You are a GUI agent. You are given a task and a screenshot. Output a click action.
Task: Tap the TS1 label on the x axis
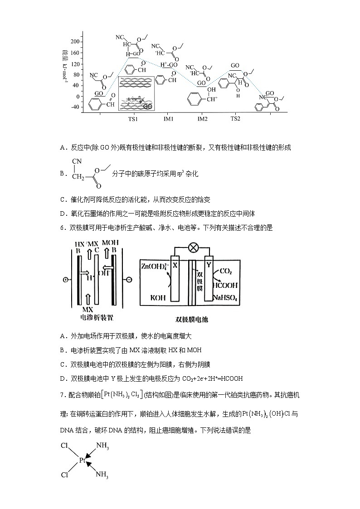click(x=132, y=119)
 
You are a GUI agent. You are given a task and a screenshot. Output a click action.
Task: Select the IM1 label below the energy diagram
click(x=169, y=119)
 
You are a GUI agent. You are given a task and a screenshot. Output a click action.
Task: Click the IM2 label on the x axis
click(x=202, y=119)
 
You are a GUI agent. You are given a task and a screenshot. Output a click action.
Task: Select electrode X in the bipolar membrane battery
click(x=175, y=267)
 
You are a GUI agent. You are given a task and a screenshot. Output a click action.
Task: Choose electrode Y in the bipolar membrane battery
click(x=209, y=267)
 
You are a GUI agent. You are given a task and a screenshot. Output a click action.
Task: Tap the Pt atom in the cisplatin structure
click(x=82, y=460)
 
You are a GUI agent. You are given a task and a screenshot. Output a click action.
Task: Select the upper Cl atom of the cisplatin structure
click(x=64, y=445)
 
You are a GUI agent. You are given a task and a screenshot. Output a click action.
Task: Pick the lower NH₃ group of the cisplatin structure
click(x=102, y=475)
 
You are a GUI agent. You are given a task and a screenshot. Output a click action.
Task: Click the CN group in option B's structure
click(x=76, y=161)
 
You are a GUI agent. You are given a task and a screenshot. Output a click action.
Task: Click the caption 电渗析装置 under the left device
click(x=97, y=318)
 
